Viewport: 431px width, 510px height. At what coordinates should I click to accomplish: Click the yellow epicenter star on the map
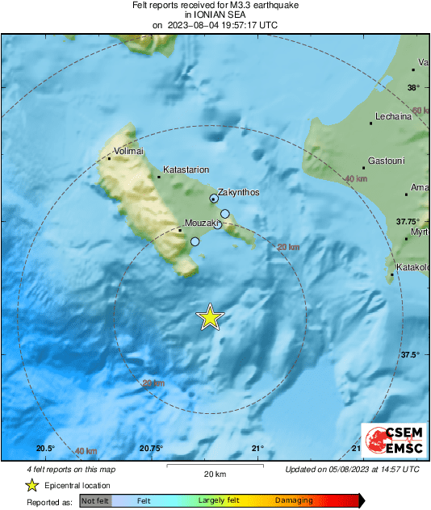pos(210,318)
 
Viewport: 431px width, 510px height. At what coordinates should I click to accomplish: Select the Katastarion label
pos(186,170)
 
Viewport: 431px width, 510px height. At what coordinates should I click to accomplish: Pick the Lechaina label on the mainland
pos(391,116)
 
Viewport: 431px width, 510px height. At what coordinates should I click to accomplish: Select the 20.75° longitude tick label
pos(151,449)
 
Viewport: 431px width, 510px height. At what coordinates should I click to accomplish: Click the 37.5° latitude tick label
pos(409,354)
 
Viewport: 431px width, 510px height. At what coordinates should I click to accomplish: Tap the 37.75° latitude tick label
pos(406,221)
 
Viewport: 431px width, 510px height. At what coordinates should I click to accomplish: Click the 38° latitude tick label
pos(413,87)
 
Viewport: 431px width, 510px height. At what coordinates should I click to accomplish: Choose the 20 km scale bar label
pos(215,474)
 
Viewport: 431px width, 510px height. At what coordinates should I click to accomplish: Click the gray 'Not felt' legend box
pos(95,501)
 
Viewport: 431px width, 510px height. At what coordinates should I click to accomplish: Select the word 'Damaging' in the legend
pos(295,501)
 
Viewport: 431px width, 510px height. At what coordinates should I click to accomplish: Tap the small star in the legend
pos(31,485)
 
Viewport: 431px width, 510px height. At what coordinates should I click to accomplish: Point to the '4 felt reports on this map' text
pos(70,469)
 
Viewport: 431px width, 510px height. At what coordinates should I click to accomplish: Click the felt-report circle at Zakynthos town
pos(214,198)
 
